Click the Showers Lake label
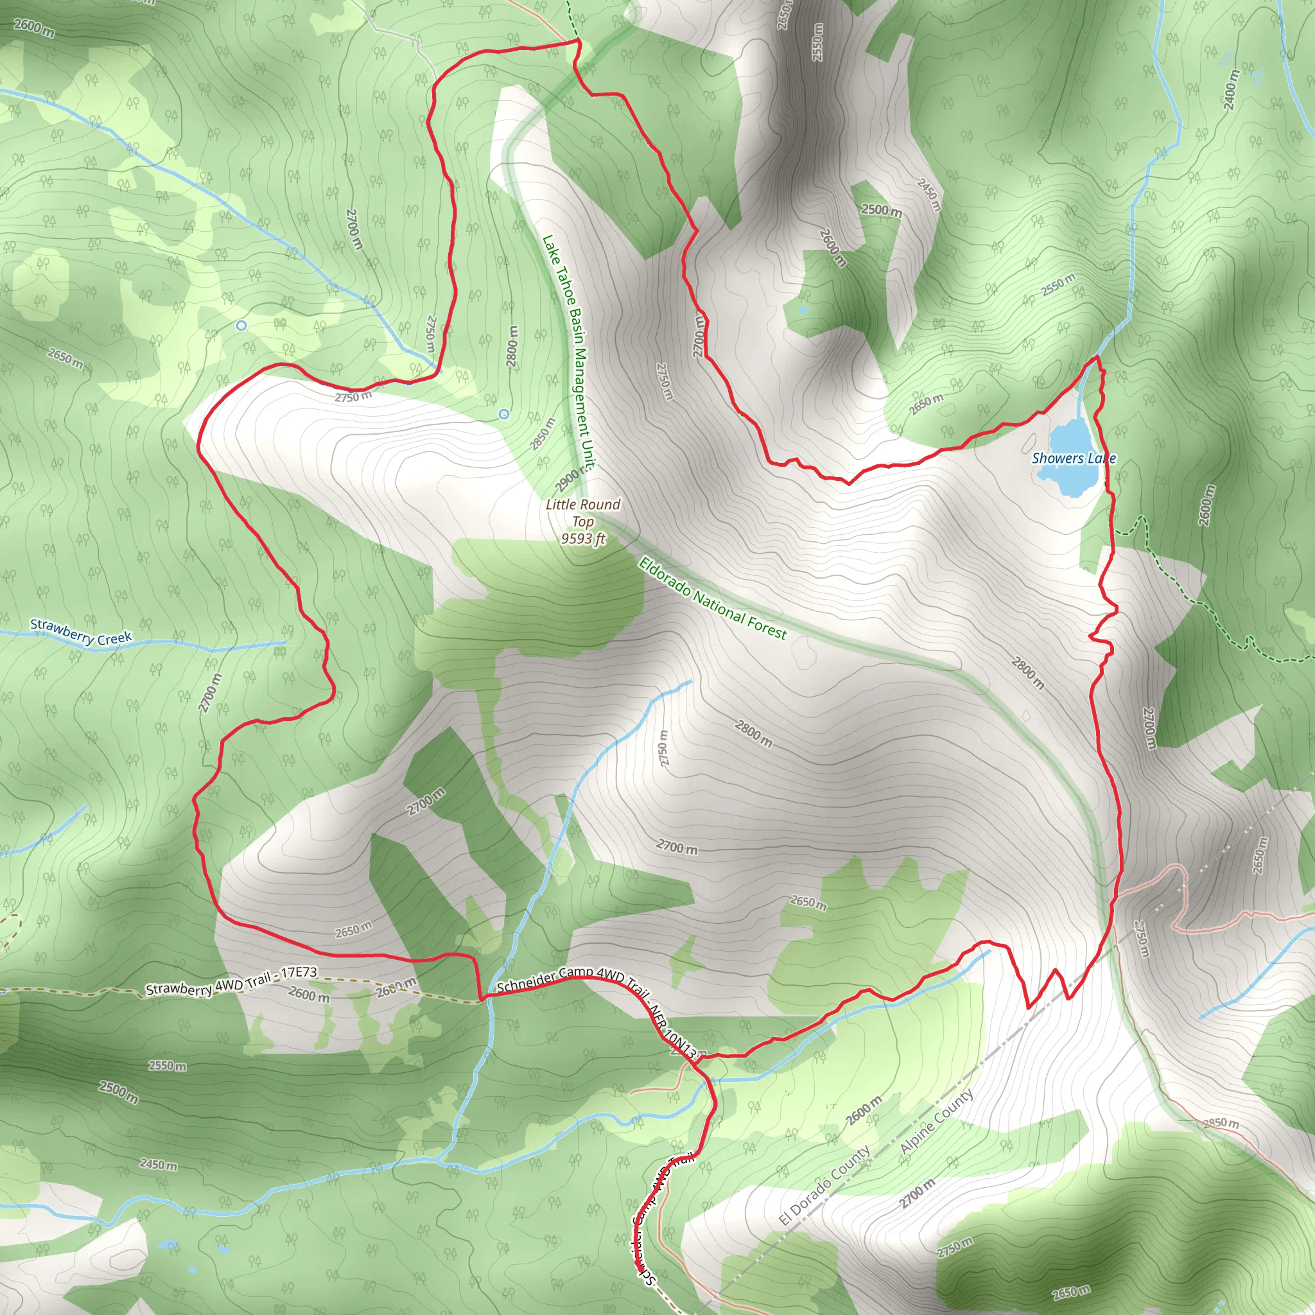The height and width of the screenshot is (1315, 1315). coord(1074,458)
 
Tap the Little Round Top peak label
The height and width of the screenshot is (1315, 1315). coord(582,512)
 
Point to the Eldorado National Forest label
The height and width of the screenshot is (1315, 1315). coord(712,599)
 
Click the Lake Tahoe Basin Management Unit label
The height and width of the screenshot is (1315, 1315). coord(568,352)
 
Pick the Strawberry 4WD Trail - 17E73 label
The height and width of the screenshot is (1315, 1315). coord(231,981)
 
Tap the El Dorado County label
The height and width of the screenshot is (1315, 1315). coord(824,1185)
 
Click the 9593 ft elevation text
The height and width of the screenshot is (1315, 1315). coord(582,539)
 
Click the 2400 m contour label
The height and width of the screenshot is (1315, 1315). coord(1232,89)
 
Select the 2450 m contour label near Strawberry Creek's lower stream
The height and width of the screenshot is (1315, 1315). coord(158,1165)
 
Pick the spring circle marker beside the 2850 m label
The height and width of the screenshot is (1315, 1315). coord(503,414)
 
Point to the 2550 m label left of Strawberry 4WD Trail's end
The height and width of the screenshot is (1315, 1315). coord(168,1065)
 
